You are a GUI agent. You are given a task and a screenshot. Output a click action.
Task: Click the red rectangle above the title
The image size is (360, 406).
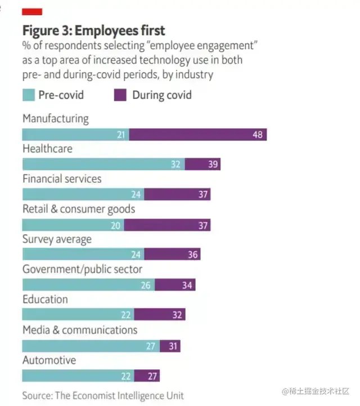pos(32,12)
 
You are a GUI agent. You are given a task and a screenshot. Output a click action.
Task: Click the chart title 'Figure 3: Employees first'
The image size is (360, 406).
pos(93,29)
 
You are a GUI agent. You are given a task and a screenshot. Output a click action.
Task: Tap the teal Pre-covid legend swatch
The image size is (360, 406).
pos(29,95)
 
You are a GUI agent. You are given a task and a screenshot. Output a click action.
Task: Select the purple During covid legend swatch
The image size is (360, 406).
pos(120,95)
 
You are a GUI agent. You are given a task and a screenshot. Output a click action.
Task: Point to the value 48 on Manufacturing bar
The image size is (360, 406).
pos(257,135)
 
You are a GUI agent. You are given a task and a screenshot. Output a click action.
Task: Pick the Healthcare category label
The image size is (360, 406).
pos(47,149)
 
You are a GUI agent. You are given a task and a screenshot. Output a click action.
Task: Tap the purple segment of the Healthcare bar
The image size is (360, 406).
pos(202,164)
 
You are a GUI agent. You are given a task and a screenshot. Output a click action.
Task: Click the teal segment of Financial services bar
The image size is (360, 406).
pos(83,194)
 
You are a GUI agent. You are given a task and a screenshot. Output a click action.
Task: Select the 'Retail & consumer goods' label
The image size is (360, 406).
pos(79,209)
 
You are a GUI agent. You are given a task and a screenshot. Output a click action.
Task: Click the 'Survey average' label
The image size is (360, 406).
pos(57,239)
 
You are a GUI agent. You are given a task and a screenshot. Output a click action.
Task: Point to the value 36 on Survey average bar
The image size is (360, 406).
pos(193,255)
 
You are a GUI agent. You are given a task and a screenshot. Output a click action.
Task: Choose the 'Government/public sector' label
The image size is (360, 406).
pos(82,270)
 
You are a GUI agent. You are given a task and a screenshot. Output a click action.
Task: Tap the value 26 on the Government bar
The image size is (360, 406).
pos(146,285)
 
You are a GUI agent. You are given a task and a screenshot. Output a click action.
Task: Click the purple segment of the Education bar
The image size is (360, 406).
pos(160,315)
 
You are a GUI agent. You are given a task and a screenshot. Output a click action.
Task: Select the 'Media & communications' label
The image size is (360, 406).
pos(80,330)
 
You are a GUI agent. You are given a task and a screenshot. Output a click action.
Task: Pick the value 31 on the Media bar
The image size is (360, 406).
pos(173,346)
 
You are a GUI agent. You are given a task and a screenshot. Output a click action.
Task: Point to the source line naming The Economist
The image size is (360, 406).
pos(103,395)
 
